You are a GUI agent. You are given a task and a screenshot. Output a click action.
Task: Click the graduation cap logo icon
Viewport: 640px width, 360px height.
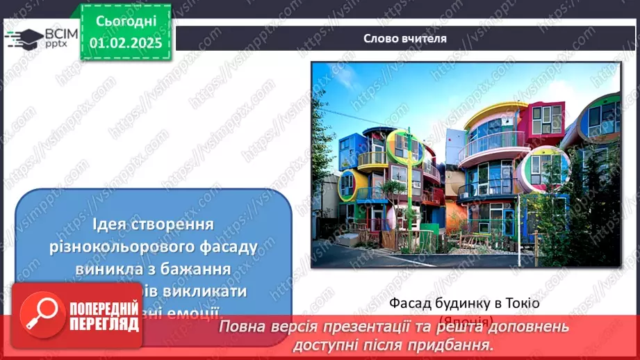[23, 38]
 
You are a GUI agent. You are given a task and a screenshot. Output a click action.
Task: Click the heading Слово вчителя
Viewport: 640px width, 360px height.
[405, 38]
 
